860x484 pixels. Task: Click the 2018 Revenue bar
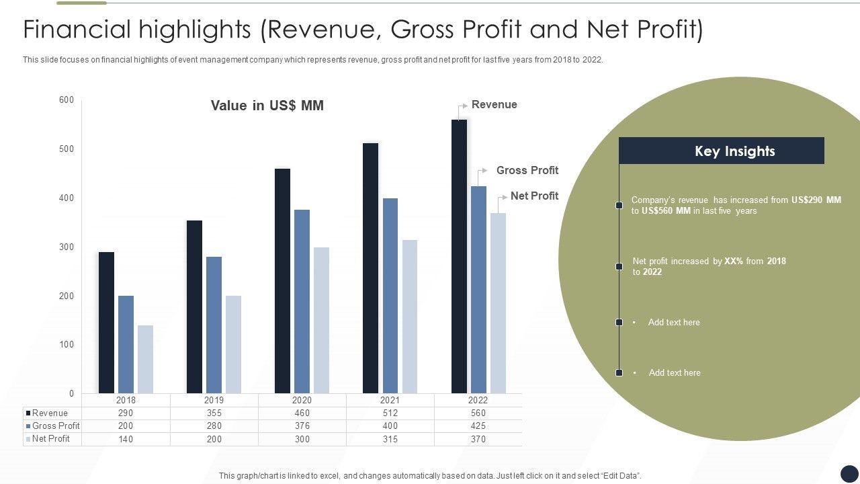click(106, 323)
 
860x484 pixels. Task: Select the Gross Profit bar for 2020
click(302, 301)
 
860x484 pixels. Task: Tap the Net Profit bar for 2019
click(233, 344)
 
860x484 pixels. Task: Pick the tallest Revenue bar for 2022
click(459, 256)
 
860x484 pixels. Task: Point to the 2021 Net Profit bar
click(409, 316)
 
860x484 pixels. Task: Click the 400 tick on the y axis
click(67, 198)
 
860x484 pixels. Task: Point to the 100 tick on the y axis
click(67, 345)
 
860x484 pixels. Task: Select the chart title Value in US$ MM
click(267, 106)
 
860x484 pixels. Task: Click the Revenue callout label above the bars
click(494, 105)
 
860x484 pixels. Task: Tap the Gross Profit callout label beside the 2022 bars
click(527, 171)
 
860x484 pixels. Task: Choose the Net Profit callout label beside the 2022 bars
click(534, 196)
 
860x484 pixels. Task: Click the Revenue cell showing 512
click(390, 413)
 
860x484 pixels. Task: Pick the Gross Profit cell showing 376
click(302, 426)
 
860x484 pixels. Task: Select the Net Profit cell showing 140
click(126, 439)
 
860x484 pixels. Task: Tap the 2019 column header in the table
click(214, 400)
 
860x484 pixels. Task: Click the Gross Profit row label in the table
click(56, 426)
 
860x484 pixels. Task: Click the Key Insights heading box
click(721, 151)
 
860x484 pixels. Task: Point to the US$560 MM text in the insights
click(666, 211)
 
